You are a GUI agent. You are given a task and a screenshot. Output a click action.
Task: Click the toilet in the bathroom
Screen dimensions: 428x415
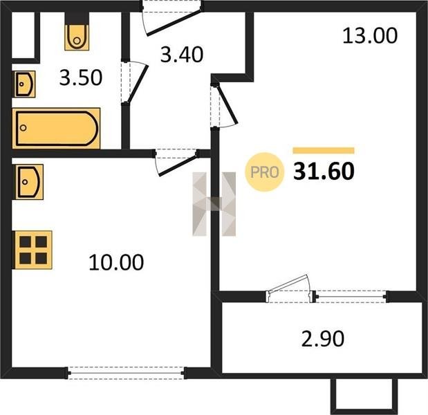[x=77, y=37]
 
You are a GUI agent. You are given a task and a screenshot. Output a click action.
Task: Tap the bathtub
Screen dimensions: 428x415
[x=56, y=129]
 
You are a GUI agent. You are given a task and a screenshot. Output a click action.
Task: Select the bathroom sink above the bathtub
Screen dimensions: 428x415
[x=25, y=84]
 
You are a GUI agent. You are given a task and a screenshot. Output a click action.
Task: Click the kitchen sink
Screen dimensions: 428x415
[x=29, y=182]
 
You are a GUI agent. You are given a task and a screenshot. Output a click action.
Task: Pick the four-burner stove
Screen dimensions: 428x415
[x=33, y=250]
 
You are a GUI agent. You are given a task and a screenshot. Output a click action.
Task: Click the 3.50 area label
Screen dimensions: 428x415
[x=81, y=77]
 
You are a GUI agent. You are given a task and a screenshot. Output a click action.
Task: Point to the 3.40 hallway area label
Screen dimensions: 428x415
[x=182, y=55]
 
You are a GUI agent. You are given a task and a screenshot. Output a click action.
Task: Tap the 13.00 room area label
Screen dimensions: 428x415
[x=370, y=36]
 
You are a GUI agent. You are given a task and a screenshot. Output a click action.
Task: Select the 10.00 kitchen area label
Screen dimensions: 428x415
[x=116, y=262]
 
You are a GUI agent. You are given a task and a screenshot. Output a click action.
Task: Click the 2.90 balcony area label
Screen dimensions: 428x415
[x=323, y=339]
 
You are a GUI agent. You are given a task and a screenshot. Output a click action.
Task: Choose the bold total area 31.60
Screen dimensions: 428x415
[x=324, y=172]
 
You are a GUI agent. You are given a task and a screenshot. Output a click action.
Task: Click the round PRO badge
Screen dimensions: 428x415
[x=265, y=172]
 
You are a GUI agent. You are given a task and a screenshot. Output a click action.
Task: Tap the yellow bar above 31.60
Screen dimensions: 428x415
[x=324, y=151]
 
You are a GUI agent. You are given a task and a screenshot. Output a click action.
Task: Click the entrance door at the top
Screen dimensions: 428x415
[x=172, y=19]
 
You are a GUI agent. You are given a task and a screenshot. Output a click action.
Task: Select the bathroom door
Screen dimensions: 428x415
[x=135, y=82]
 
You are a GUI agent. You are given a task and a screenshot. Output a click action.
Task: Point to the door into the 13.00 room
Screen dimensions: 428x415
[x=224, y=106]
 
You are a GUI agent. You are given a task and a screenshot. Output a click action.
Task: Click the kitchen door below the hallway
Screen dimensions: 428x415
[x=176, y=162]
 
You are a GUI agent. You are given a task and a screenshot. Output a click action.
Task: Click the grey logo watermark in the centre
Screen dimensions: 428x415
[x=214, y=204]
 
